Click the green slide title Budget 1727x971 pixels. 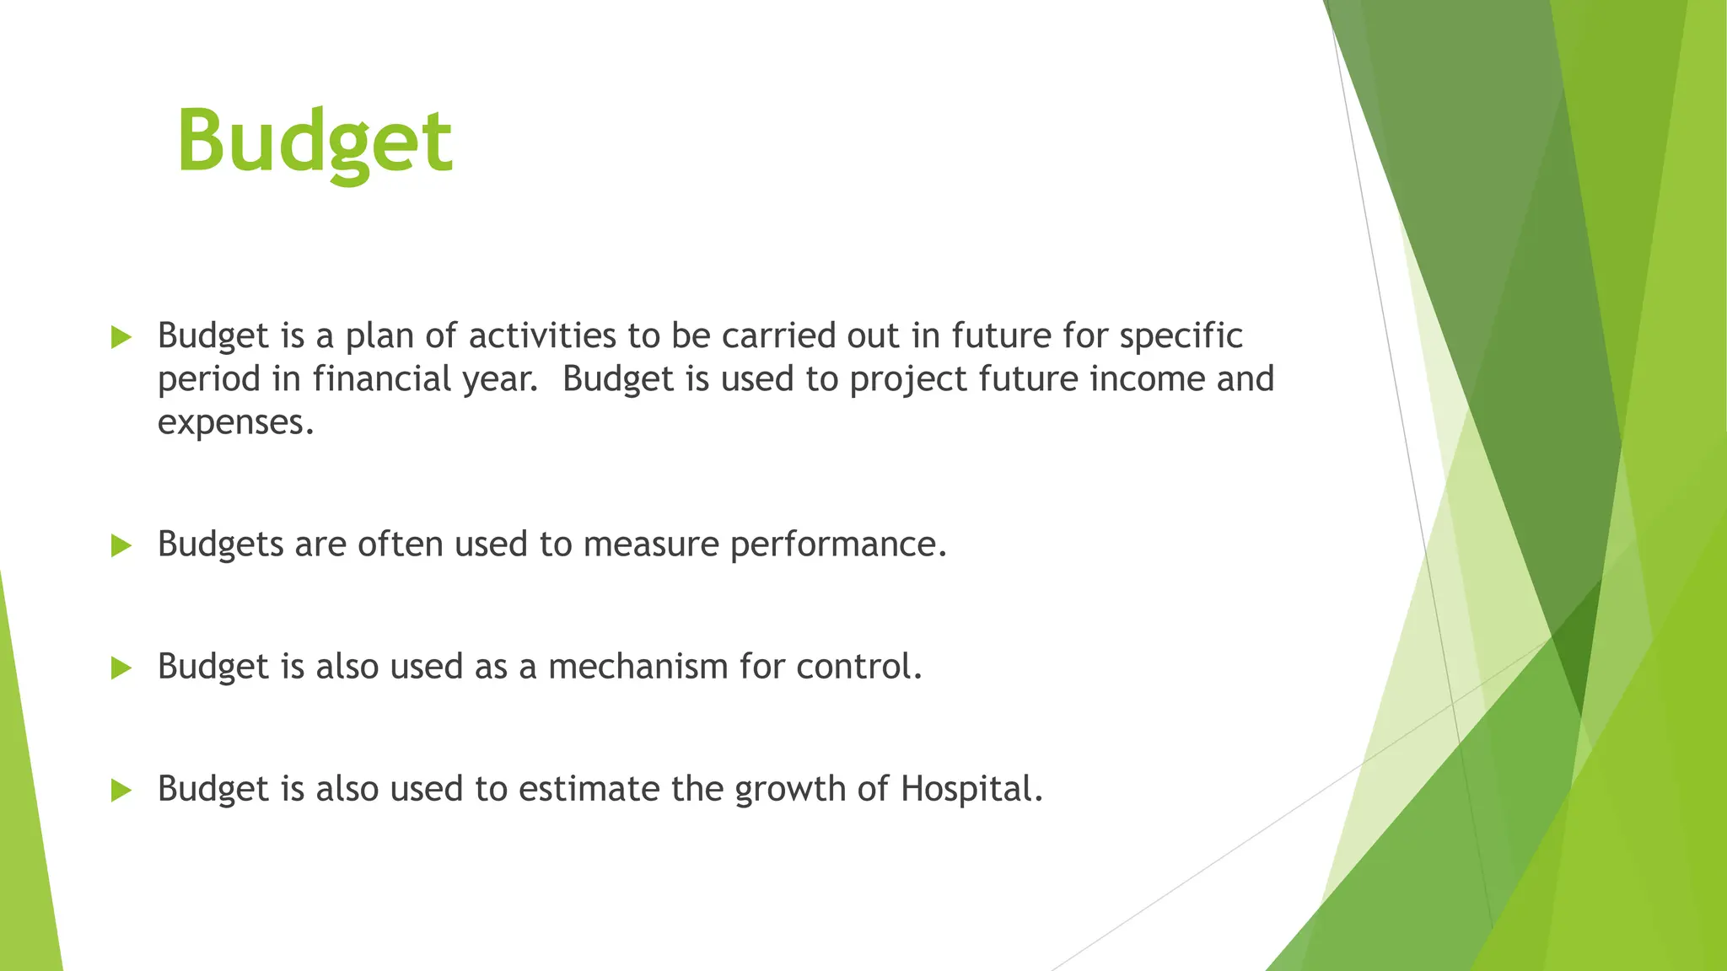click(x=315, y=142)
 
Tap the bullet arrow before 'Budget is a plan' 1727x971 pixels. click(x=121, y=338)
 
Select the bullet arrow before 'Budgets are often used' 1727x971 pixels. click(x=121, y=546)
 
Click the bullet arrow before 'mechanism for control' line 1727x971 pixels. click(x=121, y=668)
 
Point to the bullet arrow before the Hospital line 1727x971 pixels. click(x=121, y=791)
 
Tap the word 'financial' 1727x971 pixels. click(x=382, y=378)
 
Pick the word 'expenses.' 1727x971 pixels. click(x=236, y=422)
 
